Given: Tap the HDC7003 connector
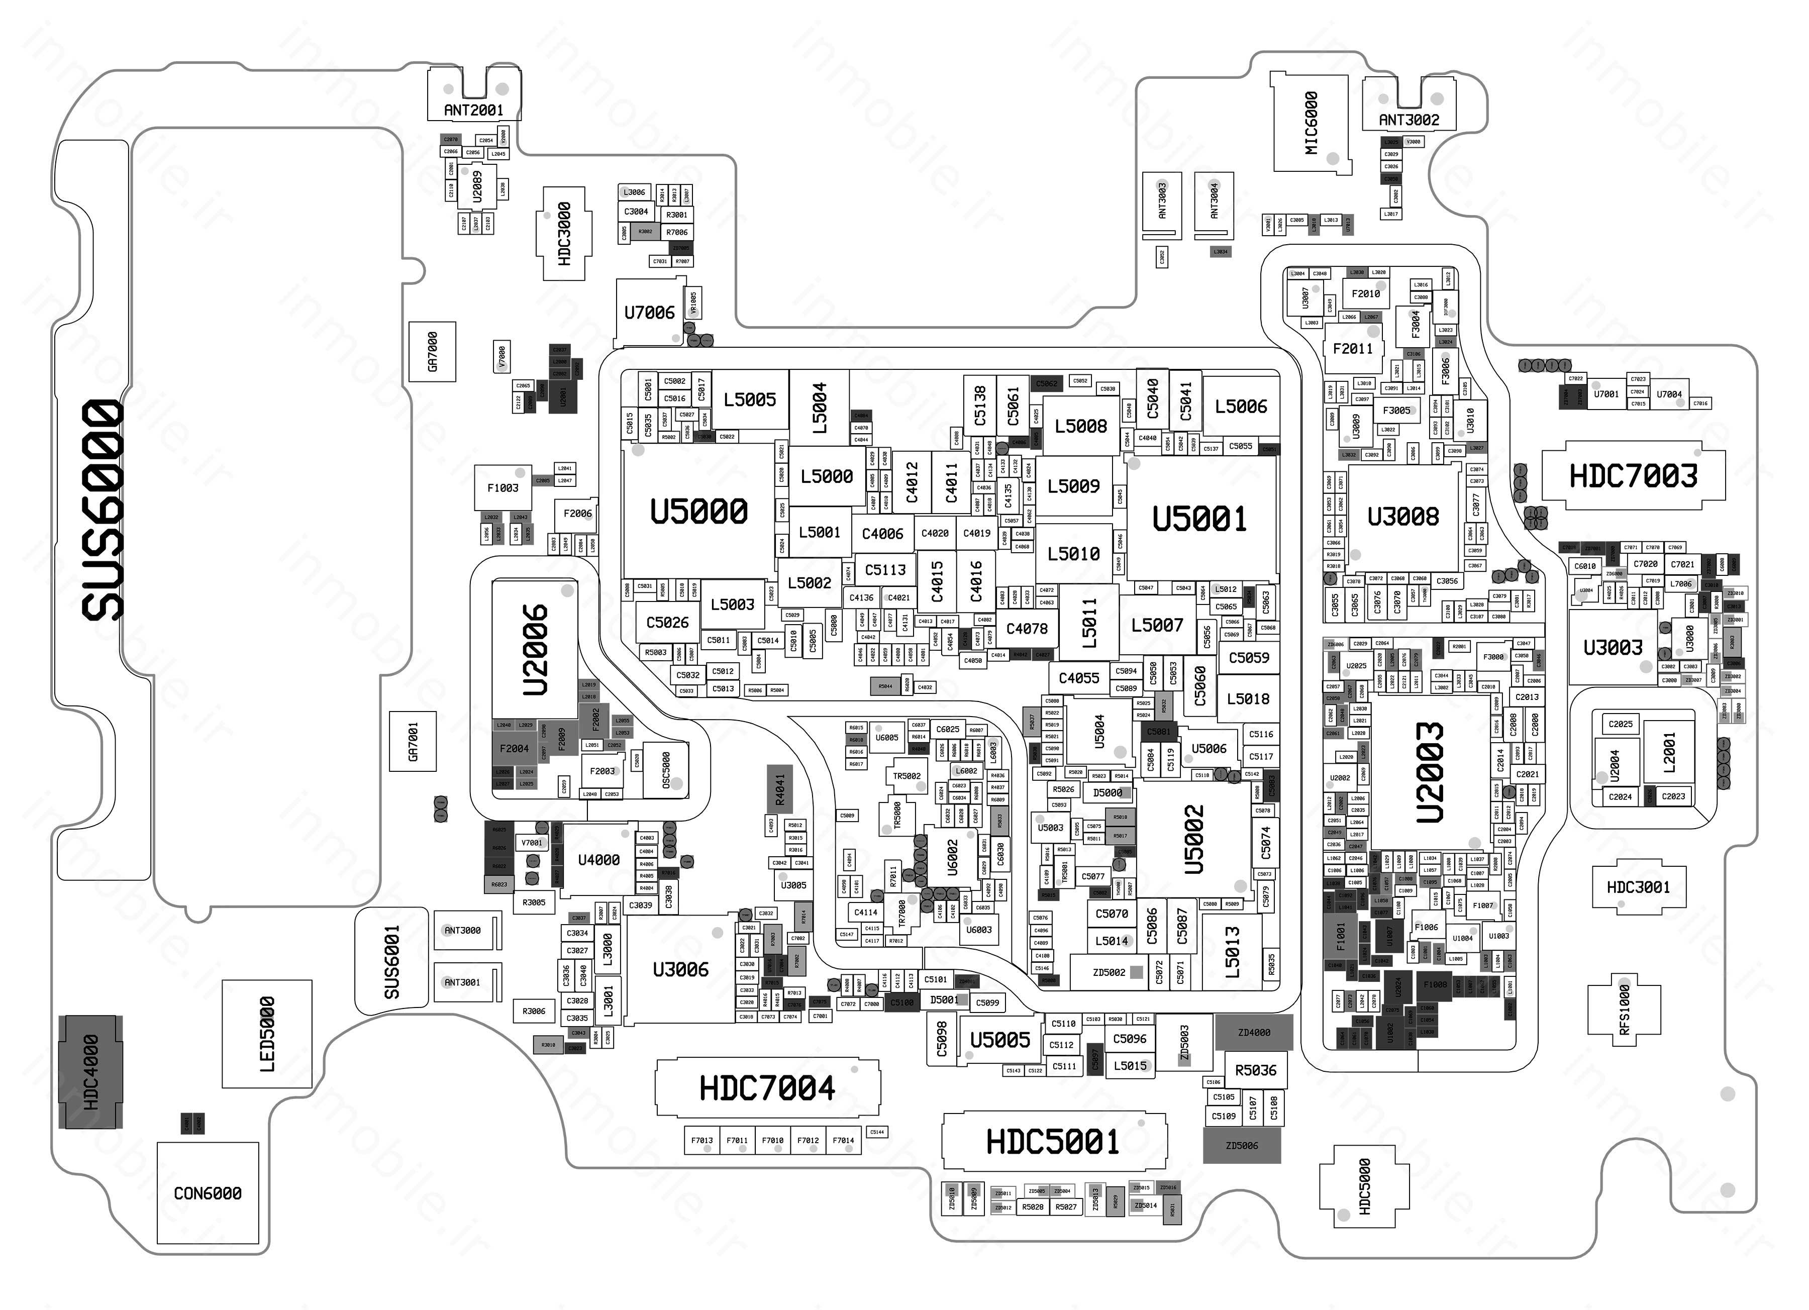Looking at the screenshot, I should [1633, 476].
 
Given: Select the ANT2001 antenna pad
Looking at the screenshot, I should [474, 110].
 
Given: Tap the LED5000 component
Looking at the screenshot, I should [266, 1034].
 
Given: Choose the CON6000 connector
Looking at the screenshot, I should [208, 1193].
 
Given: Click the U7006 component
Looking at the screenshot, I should [649, 313].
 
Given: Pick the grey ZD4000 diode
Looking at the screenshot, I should [1254, 1032].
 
